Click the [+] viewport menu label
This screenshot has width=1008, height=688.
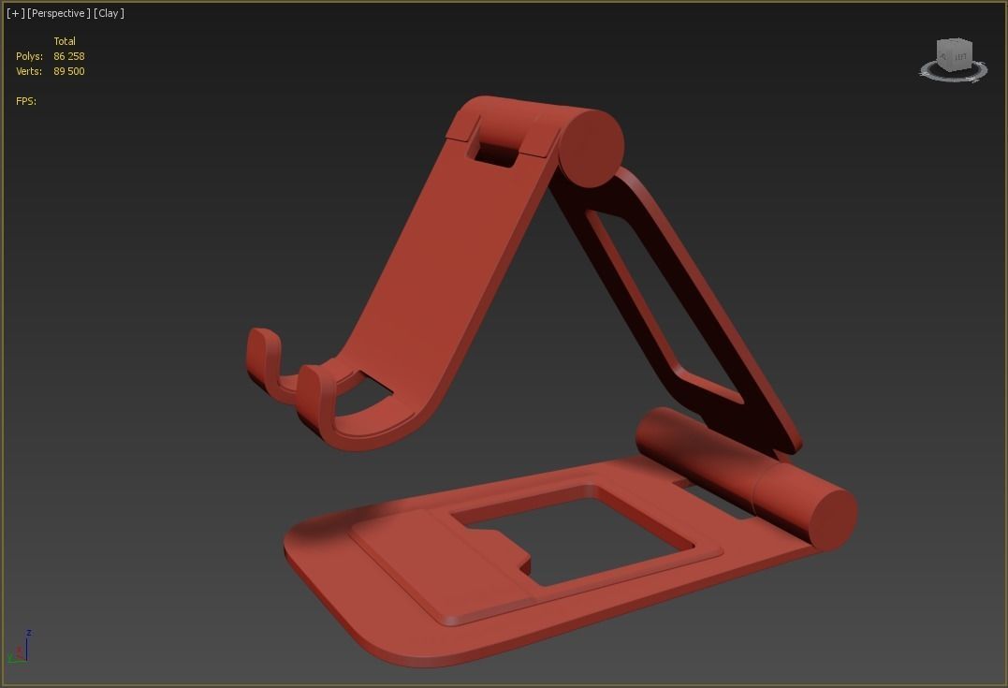point(15,13)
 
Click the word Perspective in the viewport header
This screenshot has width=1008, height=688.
point(59,13)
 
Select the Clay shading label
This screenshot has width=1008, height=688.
point(109,13)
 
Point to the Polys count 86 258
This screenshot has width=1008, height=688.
point(69,56)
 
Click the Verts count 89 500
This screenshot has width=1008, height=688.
point(69,71)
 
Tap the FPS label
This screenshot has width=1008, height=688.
point(26,101)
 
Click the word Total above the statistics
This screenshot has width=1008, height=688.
point(65,41)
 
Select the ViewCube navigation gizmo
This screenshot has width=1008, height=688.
point(953,59)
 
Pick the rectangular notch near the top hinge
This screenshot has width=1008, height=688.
point(495,150)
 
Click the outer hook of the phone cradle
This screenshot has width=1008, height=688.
point(264,360)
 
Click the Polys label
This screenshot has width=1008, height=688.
point(29,56)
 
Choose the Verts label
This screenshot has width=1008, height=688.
point(29,71)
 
